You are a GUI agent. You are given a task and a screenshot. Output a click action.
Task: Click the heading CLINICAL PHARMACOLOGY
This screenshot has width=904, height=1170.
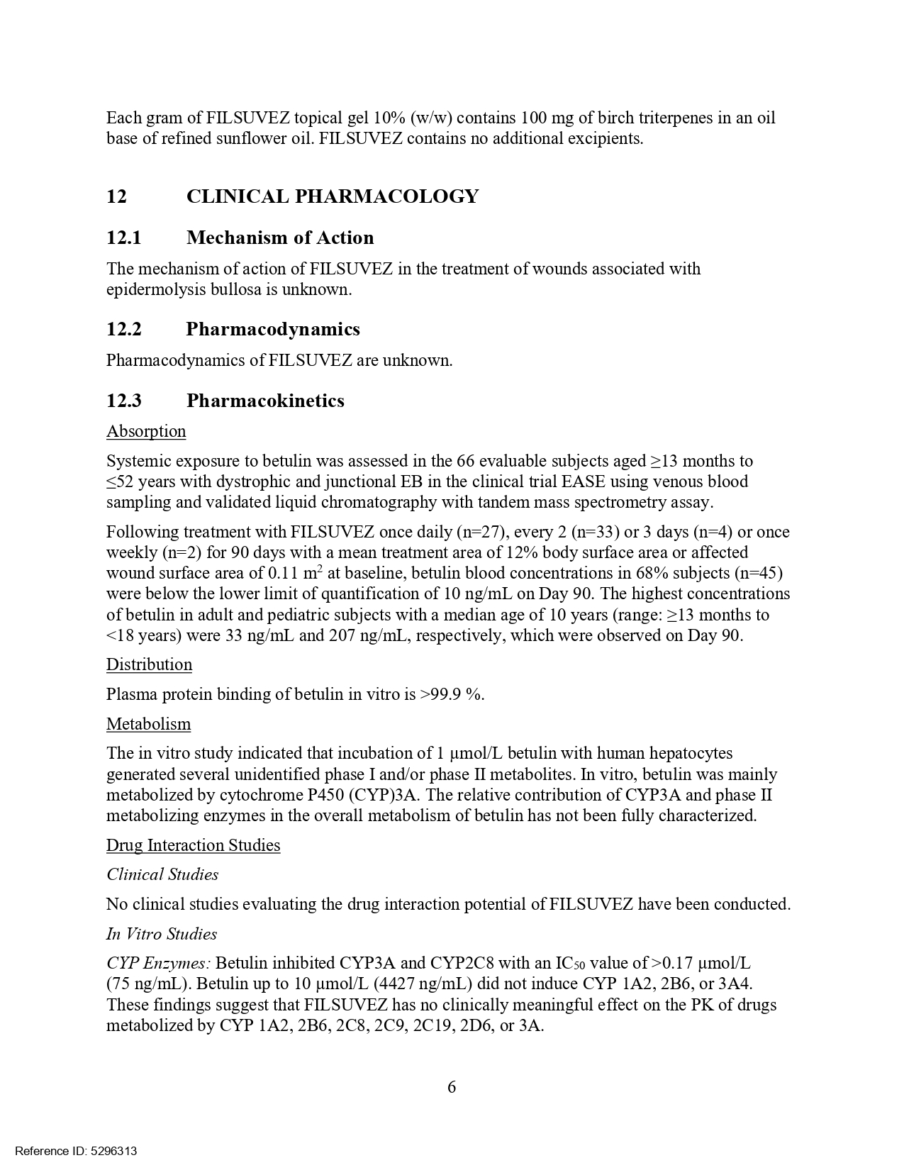pyautogui.click(x=332, y=196)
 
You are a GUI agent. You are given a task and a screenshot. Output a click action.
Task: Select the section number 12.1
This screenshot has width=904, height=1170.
pyautogui.click(x=124, y=238)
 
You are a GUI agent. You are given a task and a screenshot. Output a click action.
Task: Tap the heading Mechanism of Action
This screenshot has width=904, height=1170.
pyautogui.click(x=280, y=238)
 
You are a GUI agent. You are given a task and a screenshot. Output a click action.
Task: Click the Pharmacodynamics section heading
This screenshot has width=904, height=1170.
pyautogui.click(x=273, y=329)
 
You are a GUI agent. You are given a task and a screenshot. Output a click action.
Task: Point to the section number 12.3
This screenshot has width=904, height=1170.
pyautogui.click(x=124, y=401)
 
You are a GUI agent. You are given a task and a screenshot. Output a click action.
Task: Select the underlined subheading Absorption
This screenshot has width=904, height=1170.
pyautogui.click(x=146, y=431)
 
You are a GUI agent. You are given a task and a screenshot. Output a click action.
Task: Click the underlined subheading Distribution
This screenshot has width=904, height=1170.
pyautogui.click(x=149, y=664)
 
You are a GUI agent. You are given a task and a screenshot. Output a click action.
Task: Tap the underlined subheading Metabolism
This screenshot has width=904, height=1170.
pyautogui.click(x=148, y=724)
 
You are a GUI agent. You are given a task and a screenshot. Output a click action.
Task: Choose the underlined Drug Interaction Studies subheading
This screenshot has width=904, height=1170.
pyautogui.click(x=193, y=845)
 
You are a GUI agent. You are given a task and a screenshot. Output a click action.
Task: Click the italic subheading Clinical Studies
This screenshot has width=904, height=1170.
pyautogui.click(x=162, y=874)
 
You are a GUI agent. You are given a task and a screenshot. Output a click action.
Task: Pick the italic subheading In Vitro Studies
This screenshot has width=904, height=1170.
pyautogui.click(x=162, y=934)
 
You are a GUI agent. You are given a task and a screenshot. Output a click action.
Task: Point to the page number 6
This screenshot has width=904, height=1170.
pyautogui.click(x=452, y=1086)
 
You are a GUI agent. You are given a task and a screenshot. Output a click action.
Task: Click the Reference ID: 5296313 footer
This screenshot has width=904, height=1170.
pyautogui.click(x=76, y=1151)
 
